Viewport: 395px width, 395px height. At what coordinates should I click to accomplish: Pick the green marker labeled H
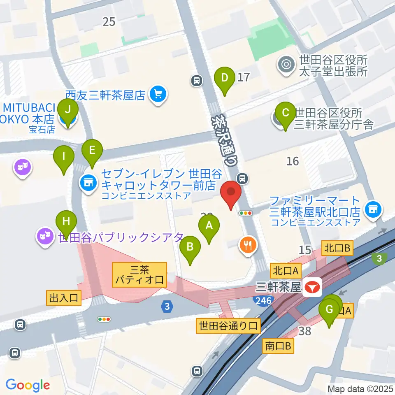pyautogui.click(x=66, y=223)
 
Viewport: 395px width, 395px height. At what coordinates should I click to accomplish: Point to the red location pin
pyautogui.click(x=231, y=195)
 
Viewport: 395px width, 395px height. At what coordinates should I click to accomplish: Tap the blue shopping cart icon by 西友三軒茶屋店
pyautogui.click(x=158, y=95)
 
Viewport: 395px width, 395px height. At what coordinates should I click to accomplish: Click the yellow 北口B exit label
pyautogui.click(x=337, y=248)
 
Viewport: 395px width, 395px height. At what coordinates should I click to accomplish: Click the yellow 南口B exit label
pyautogui.click(x=278, y=346)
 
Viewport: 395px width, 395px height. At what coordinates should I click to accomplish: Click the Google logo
pyautogui.click(x=28, y=385)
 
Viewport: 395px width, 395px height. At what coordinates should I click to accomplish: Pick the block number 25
pyautogui.click(x=109, y=22)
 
